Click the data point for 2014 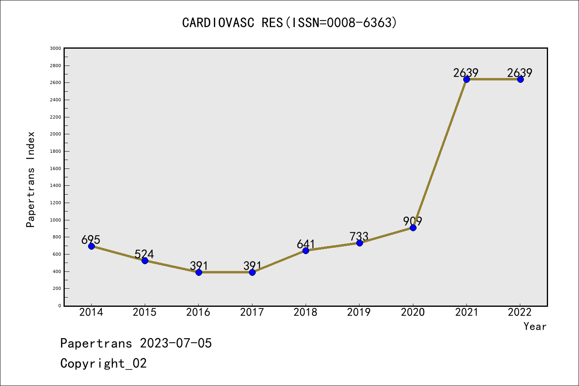coord(91,246)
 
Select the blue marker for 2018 coord(306,250)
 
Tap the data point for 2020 coord(413,228)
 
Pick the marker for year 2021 coord(466,79)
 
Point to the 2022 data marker coord(520,79)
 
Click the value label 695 coord(90,240)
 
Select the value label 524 coord(144,254)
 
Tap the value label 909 coord(413,221)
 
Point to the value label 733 coord(359,236)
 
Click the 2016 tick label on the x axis coord(198,312)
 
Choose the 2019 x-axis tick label coord(359,312)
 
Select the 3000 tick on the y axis coord(55,48)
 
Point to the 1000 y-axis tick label coord(55,220)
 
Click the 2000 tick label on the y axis coord(55,134)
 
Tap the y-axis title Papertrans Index coord(31,179)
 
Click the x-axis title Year coord(535,326)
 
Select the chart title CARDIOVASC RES coord(289,23)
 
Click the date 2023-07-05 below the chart coord(176,343)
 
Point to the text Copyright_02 coord(103,363)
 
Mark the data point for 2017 coord(252,272)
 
